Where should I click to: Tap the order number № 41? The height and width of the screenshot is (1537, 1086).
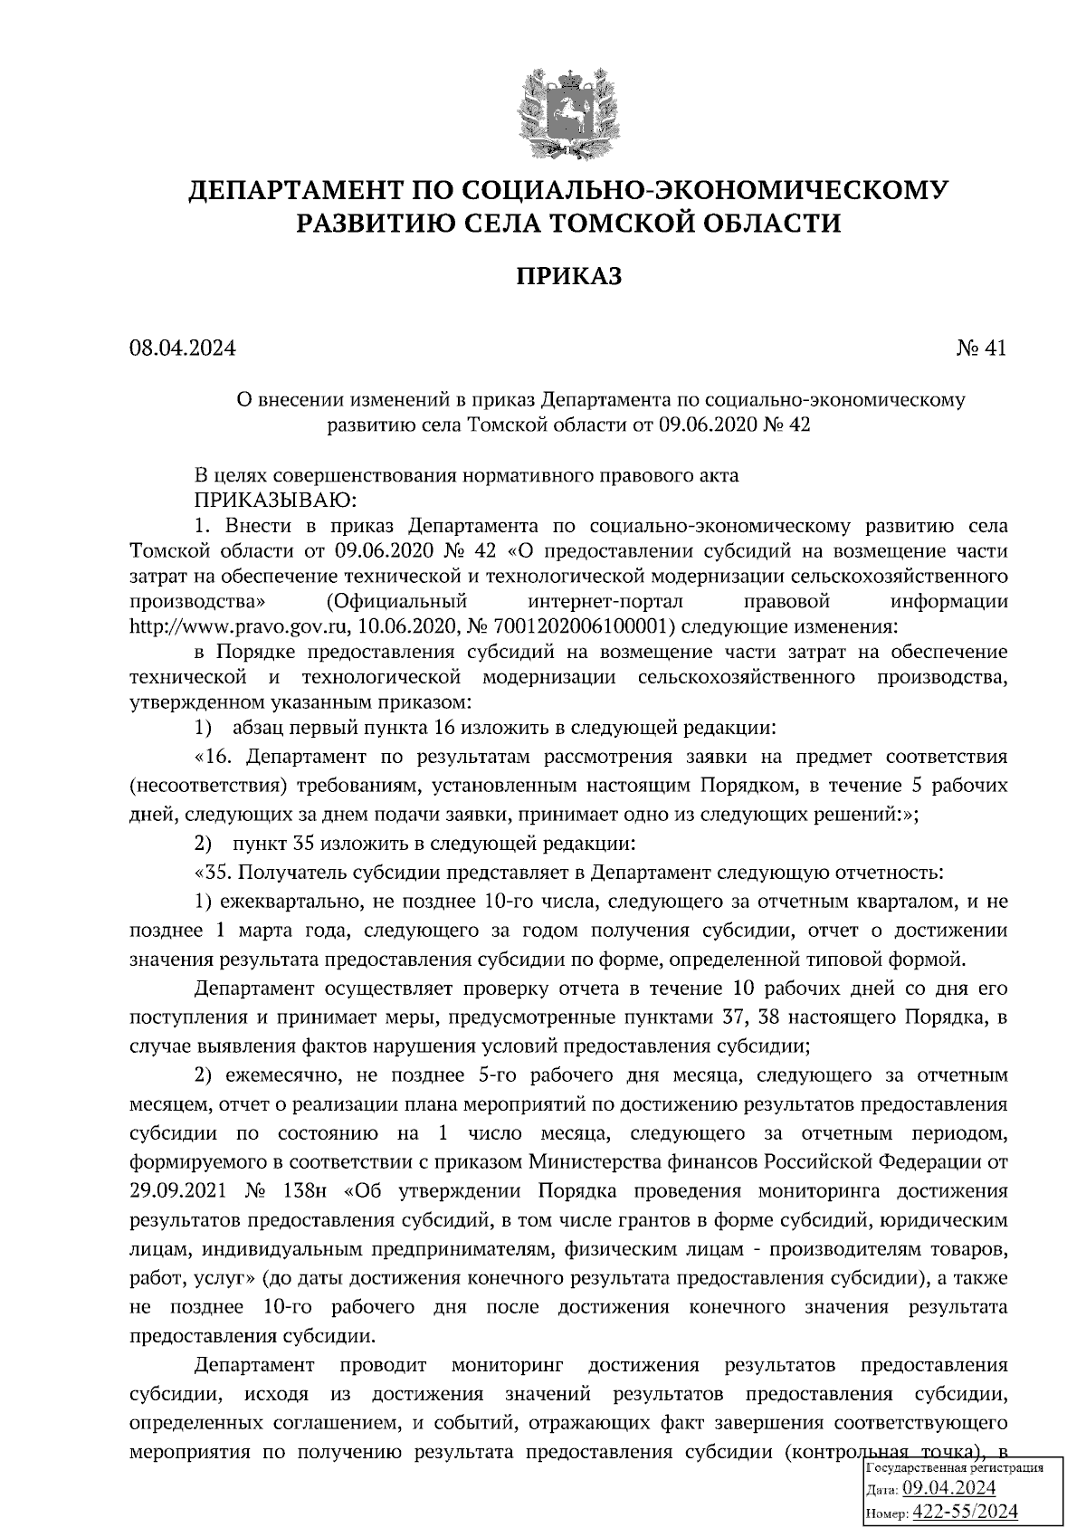[981, 348]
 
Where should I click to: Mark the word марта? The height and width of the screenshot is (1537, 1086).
[267, 931]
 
